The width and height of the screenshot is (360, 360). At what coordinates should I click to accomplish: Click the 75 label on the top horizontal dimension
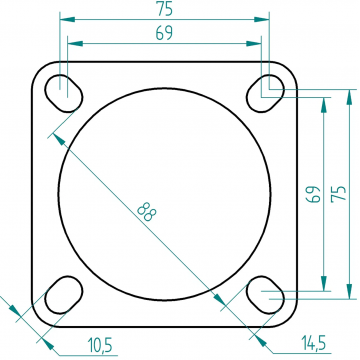(x=165, y=10)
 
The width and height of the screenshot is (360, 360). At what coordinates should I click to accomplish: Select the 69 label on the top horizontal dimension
(x=165, y=33)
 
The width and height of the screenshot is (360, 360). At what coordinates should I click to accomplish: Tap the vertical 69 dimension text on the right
(x=314, y=194)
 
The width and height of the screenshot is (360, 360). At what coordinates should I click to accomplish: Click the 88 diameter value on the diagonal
(x=147, y=212)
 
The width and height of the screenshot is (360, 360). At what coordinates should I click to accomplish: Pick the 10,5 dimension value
(x=100, y=345)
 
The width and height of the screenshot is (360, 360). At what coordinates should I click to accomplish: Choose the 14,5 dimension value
(x=313, y=343)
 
